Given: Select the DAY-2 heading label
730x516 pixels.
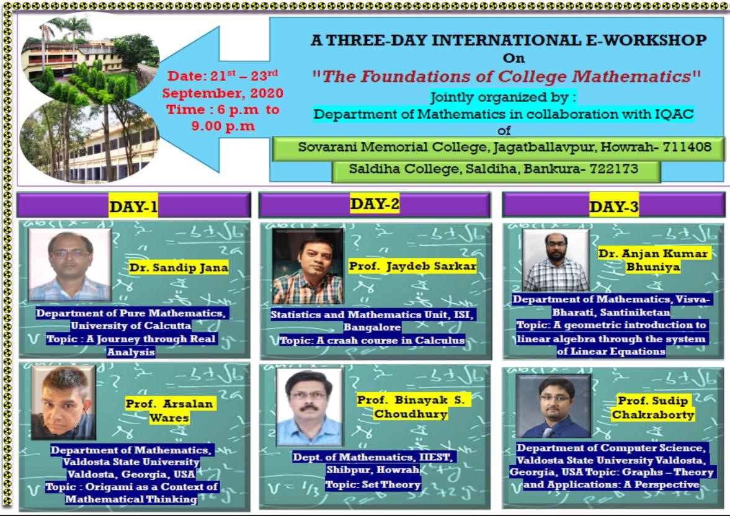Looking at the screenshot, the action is (x=375, y=203).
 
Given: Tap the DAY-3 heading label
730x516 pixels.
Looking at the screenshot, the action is (x=613, y=207).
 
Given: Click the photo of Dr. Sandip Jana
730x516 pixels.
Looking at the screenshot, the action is (x=70, y=265).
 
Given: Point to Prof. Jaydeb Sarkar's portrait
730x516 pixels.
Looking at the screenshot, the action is (x=308, y=267).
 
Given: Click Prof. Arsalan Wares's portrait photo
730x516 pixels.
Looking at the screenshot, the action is (x=63, y=403).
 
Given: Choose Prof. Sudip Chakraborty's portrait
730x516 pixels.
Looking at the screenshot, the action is (x=553, y=406).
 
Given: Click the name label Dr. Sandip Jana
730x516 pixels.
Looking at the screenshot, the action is (x=179, y=267).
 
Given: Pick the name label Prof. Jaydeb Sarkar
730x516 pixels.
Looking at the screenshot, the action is (x=412, y=266).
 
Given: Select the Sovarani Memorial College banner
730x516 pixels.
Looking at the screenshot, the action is (x=498, y=148).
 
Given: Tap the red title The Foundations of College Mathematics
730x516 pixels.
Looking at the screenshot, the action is (x=507, y=76).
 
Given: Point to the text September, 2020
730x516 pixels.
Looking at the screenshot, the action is (x=223, y=93).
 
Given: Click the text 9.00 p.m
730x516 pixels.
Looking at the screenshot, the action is (x=223, y=126).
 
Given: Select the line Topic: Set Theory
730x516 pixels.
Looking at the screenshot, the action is (x=373, y=485).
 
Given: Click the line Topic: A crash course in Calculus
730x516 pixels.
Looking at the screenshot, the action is (x=372, y=340).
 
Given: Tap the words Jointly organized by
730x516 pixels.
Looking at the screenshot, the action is (x=503, y=97).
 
